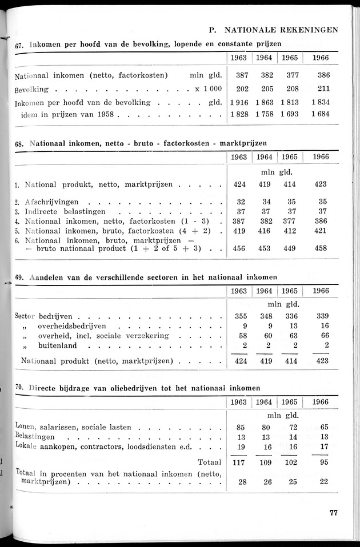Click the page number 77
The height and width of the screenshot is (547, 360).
[x=333, y=512]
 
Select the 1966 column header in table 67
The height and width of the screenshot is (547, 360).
[x=320, y=58]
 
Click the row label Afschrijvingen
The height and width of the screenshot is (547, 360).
[x=55, y=202]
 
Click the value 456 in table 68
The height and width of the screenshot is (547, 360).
[x=241, y=249]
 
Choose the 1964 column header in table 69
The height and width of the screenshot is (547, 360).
[x=263, y=291]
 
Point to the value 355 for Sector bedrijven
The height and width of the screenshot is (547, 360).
[x=241, y=316]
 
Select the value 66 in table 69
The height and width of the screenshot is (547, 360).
[x=323, y=335]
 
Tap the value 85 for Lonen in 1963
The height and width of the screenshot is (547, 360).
[x=241, y=427]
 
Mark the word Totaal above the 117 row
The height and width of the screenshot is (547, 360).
[x=210, y=462]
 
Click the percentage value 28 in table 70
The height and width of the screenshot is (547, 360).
[x=243, y=482]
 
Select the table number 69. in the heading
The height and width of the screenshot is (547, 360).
[x=19, y=277]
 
